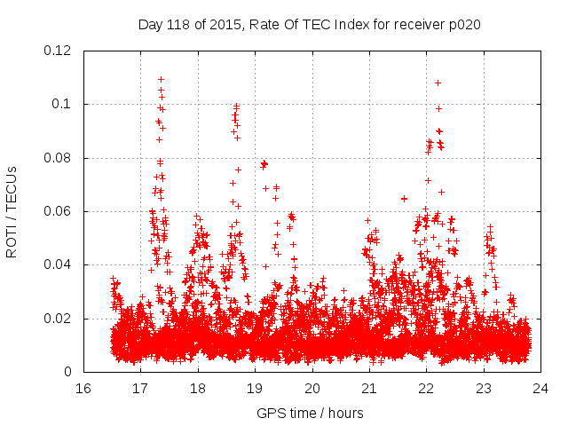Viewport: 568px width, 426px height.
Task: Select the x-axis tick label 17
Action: tap(140, 388)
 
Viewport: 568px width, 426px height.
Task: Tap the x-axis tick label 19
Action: tap(255, 388)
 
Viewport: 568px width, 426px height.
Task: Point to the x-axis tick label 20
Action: tap(312, 388)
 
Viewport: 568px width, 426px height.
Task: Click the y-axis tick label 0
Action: tap(70, 372)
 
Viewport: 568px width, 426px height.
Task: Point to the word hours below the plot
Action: tap(345, 413)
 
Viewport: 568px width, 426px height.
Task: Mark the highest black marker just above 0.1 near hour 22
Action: tap(438, 83)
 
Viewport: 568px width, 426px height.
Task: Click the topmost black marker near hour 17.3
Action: tap(161, 79)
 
